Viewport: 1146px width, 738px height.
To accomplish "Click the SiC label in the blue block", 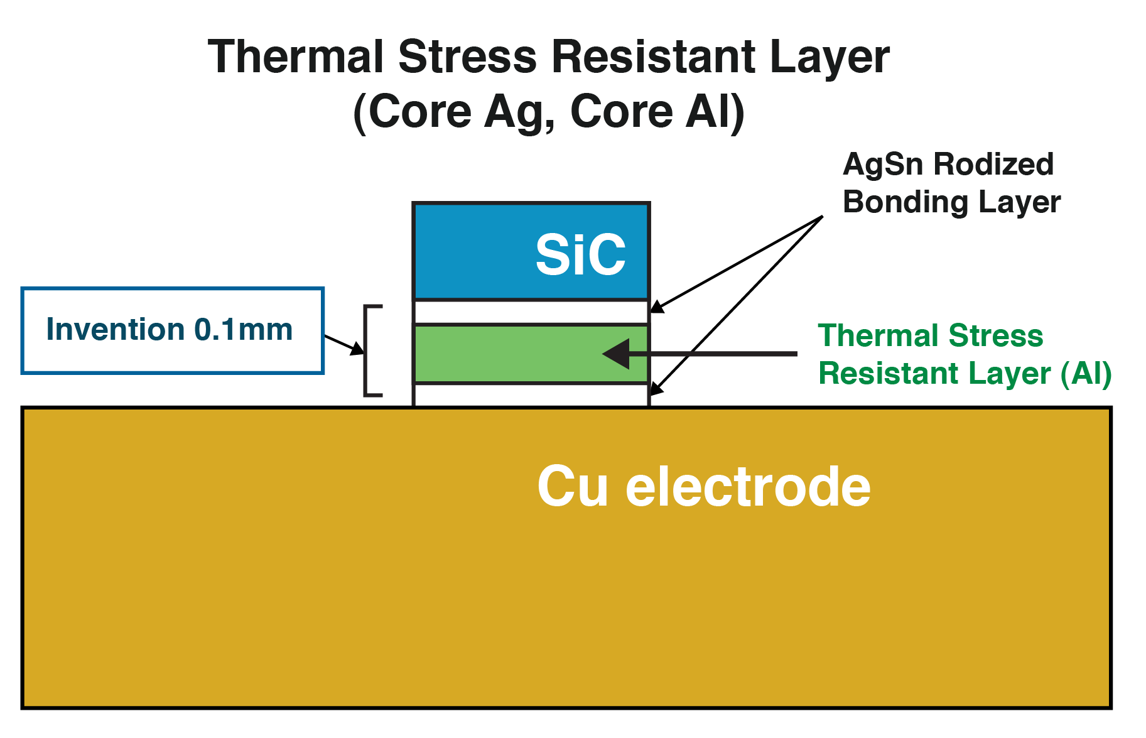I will coord(580,254).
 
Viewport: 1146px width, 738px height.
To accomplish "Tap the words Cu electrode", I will coord(703,487).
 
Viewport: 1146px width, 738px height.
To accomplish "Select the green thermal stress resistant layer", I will coord(502,354).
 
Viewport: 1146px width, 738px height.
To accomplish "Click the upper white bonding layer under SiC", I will coord(531,312).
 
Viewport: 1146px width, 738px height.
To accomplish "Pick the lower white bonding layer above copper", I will coord(531,395).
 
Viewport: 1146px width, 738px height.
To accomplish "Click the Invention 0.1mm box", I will coord(172,331).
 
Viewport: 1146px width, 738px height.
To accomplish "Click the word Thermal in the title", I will coord(296,57).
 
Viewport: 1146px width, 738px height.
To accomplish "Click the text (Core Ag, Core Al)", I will coord(549,112).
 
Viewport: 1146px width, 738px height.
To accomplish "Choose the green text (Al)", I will coord(1086,374).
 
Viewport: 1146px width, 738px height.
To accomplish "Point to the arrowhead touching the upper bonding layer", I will coord(657,307).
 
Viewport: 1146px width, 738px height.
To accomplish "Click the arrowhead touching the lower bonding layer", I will coord(656,389).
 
